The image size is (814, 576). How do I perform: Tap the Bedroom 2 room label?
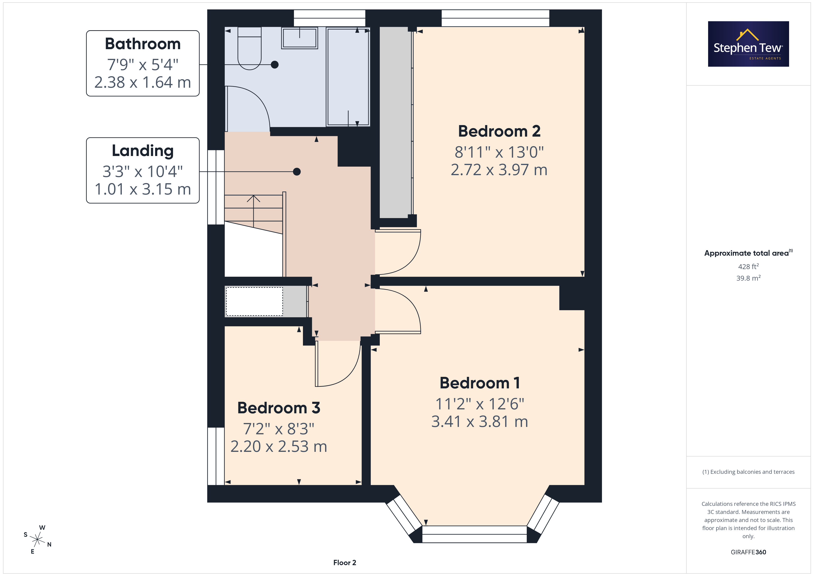499,131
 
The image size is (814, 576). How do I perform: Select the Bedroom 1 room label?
480,383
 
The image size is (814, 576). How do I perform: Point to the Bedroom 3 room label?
279,408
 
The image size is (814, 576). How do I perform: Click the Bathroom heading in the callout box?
143,44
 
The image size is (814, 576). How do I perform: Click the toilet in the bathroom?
250,48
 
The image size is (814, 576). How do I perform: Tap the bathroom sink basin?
299,38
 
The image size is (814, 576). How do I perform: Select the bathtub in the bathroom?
348,77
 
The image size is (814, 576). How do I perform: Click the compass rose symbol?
37,540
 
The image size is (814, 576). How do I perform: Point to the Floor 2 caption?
345,563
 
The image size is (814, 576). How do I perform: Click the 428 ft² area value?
748,266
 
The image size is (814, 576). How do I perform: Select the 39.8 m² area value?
748,278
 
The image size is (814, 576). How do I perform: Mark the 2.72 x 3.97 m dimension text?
499,170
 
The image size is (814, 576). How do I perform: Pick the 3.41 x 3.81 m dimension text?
480,422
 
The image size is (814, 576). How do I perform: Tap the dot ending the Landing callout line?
297,172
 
